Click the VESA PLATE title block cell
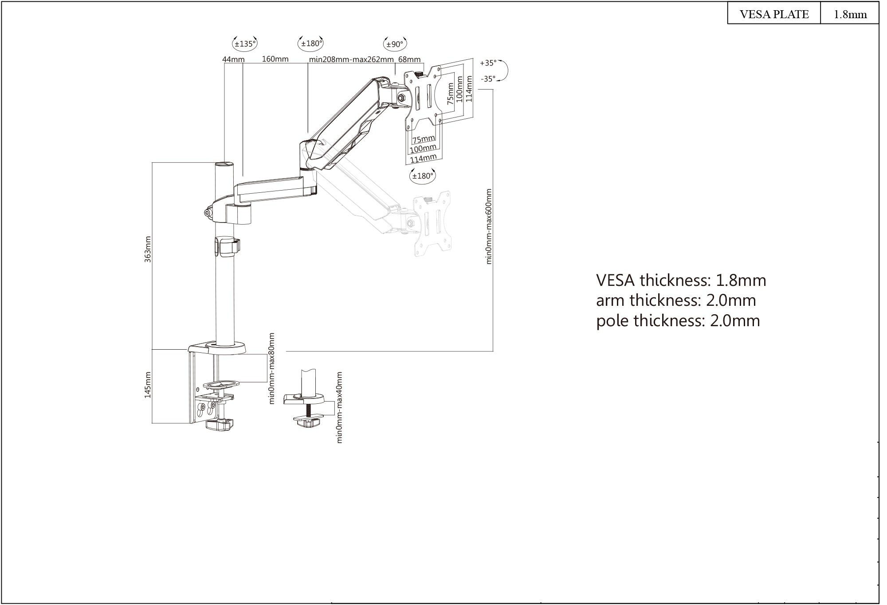pyautogui.click(x=774, y=14)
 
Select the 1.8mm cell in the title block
pyautogui.click(x=850, y=14)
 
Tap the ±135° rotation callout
pyautogui.click(x=245, y=44)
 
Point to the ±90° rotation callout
pyautogui.click(x=395, y=44)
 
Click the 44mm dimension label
pyautogui.click(x=233, y=59)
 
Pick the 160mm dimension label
pyautogui.click(x=275, y=59)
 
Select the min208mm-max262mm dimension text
pyautogui.click(x=351, y=59)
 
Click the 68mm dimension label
pyautogui.click(x=409, y=59)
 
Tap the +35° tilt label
pyautogui.click(x=488, y=63)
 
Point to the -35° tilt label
pyautogui.click(x=488, y=79)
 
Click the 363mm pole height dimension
pyautogui.click(x=148, y=249)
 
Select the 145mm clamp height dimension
pyautogui.click(x=148, y=385)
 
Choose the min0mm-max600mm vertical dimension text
pyautogui.click(x=489, y=226)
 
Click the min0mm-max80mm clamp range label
pyautogui.click(x=272, y=368)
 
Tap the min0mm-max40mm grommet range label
pyautogui.click(x=340, y=407)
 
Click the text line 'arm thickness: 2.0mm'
pyautogui.click(x=675, y=301)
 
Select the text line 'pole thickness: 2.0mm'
pyautogui.click(x=678, y=320)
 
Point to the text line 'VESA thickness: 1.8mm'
pyautogui.click(x=681, y=281)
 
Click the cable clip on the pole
pyautogui.click(x=227, y=247)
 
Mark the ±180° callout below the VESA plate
pyautogui.click(x=422, y=176)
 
